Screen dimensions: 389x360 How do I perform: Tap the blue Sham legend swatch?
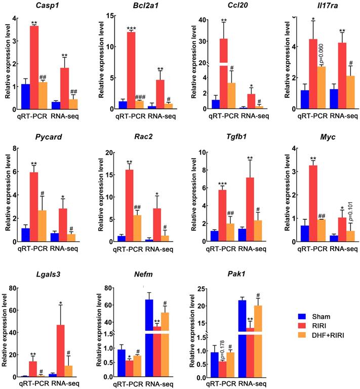coord(304,317)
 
